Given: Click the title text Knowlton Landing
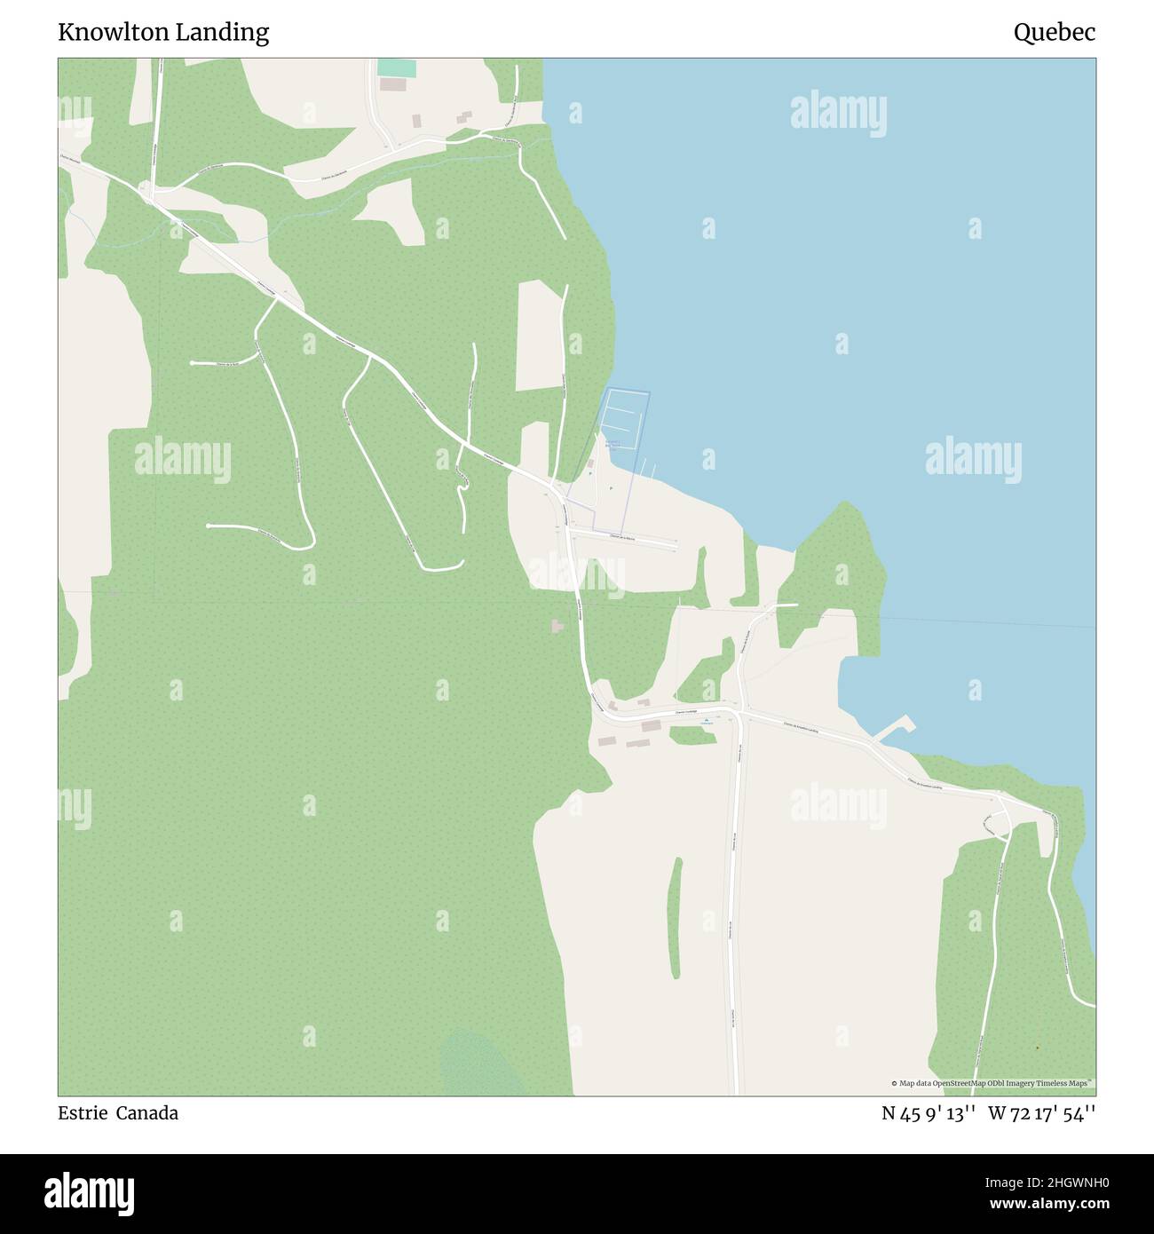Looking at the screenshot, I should coord(163,33).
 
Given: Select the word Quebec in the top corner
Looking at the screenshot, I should coord(1054,33).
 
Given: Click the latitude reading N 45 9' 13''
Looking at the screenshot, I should coord(929,1113).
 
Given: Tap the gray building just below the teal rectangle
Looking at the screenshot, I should coord(391,84).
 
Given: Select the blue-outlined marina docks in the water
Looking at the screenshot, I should coord(626,417).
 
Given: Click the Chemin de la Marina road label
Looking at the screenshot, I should coord(621,537).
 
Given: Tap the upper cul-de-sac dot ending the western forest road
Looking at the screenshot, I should coord(193,363).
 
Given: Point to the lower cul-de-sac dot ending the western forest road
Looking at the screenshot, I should coord(208,526).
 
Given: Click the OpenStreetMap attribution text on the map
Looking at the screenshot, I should coord(992,1083).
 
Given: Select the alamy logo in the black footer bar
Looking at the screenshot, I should coord(90,1191).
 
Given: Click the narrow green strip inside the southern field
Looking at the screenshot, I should coord(676,918).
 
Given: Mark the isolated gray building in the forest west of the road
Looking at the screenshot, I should coord(557,627).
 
